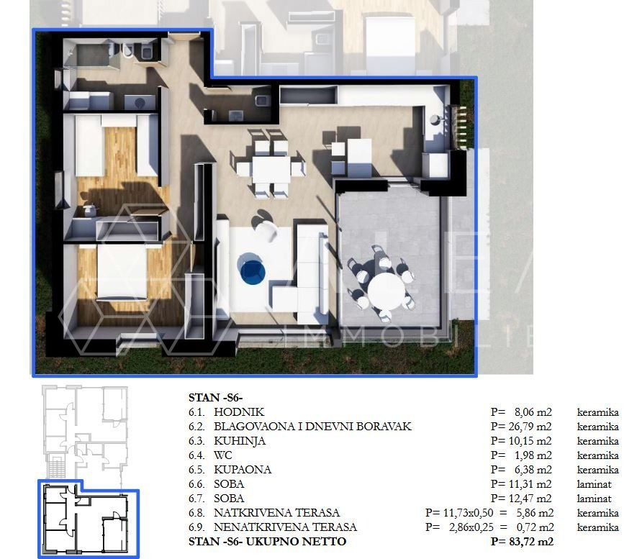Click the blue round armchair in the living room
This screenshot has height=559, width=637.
click(x=252, y=270)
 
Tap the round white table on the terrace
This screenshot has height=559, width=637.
click(x=386, y=291)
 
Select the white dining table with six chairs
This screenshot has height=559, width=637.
click(x=271, y=169)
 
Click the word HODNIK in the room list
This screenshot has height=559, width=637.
click(x=239, y=412)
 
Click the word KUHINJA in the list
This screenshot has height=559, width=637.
click(x=240, y=441)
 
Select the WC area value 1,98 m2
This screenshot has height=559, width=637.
click(x=533, y=455)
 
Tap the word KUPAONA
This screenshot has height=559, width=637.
click(x=243, y=470)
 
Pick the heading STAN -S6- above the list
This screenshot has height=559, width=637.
click(x=215, y=398)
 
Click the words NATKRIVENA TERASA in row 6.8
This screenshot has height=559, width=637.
click(x=276, y=513)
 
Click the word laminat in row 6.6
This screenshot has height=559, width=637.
click(x=594, y=484)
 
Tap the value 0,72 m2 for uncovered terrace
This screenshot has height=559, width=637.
click(x=535, y=527)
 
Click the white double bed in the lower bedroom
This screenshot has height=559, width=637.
click(x=122, y=271)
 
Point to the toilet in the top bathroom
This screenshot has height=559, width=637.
click(x=127, y=50)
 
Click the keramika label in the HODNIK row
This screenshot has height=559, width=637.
click(x=597, y=412)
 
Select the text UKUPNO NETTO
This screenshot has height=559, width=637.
click(x=296, y=542)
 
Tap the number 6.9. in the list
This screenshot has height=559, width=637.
click(x=196, y=527)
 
